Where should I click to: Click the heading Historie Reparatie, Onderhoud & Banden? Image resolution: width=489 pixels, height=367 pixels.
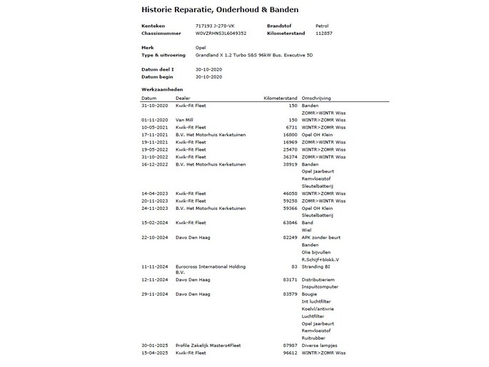coord(220,10)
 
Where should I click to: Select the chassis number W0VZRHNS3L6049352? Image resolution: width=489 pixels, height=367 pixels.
coord(221,33)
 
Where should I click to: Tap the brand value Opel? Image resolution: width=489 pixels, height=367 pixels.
coord(201,47)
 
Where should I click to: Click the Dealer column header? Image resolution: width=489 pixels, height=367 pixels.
coord(183,98)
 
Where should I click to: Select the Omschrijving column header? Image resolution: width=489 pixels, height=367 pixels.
coord(316,98)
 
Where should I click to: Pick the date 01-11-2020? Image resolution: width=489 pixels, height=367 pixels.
coord(154,119)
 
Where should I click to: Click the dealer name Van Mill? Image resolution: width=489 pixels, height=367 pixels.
coord(186,119)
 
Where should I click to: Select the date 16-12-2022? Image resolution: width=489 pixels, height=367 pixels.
coord(154,164)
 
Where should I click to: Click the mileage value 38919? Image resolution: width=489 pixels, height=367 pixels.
coord(288,164)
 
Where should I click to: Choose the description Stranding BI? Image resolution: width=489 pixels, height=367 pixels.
coord(317,266)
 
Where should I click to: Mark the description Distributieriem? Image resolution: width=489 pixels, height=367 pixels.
coord(318,279)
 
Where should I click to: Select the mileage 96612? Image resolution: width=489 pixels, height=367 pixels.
coord(288,353)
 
